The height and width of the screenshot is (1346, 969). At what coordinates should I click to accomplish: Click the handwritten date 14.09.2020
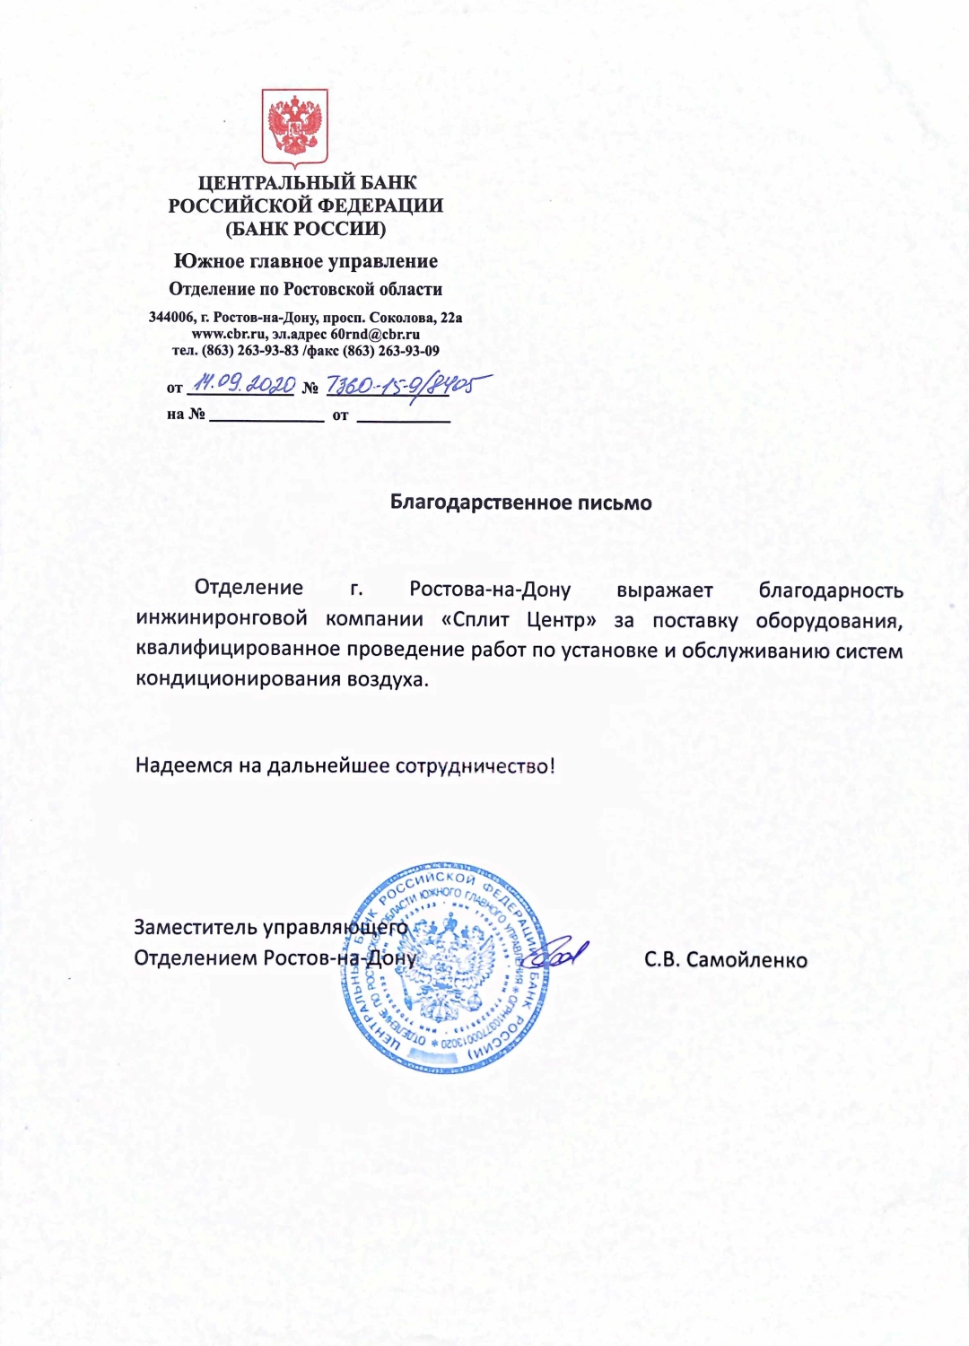244,384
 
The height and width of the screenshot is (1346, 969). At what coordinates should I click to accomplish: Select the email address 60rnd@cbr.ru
375,334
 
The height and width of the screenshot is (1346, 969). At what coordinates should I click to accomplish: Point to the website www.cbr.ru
223,334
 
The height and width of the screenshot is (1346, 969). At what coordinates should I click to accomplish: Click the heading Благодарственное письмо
520,503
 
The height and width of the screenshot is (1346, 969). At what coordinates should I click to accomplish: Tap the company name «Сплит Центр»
519,620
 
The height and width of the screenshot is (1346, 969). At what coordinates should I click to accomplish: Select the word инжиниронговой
222,618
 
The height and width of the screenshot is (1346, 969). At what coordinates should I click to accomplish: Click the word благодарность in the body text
831,590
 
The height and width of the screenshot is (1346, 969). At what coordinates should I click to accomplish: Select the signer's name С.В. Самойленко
725,960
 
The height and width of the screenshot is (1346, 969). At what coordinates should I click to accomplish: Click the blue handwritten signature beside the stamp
563,953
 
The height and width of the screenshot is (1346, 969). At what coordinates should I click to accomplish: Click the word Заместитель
196,927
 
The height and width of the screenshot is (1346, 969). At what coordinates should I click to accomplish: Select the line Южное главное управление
306,261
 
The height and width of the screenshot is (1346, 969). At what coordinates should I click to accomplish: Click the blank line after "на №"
266,415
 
